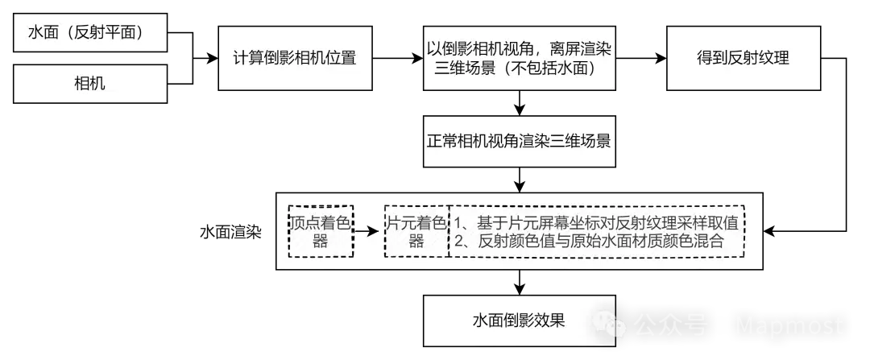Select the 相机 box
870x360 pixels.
(x=90, y=83)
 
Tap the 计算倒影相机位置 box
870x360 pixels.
(x=295, y=58)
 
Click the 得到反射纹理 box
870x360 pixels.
(x=743, y=58)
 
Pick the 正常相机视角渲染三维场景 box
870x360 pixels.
(x=519, y=142)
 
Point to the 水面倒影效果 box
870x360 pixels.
(x=519, y=320)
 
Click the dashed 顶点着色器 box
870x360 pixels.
(x=321, y=231)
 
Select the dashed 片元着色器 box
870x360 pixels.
(x=416, y=231)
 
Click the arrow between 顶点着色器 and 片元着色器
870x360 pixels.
(x=367, y=231)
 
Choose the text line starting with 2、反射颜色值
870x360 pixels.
(x=590, y=241)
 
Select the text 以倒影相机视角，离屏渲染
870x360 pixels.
(x=519, y=48)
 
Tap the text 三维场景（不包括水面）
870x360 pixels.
(x=519, y=68)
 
